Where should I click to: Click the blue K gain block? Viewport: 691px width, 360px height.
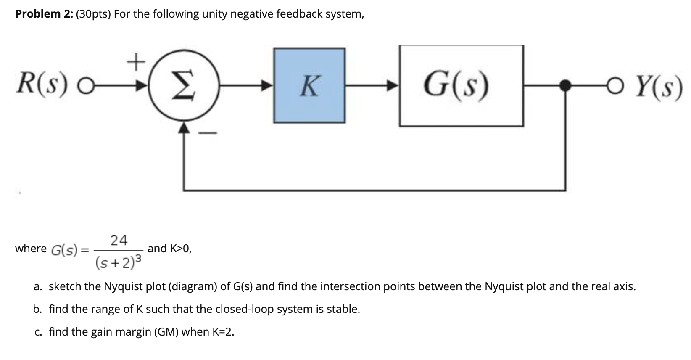pyautogui.click(x=309, y=85)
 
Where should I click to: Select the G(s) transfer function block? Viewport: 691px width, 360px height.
pyautogui.click(x=461, y=86)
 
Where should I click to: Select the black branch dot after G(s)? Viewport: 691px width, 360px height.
pyautogui.click(x=565, y=86)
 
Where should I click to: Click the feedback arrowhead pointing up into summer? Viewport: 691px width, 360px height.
pyautogui.click(x=184, y=127)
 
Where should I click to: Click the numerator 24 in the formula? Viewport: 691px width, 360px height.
pyautogui.click(x=119, y=240)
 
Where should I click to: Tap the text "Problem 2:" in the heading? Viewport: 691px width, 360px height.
pyautogui.click(x=44, y=14)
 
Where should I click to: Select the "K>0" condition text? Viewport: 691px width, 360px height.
pyautogui.click(x=181, y=249)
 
